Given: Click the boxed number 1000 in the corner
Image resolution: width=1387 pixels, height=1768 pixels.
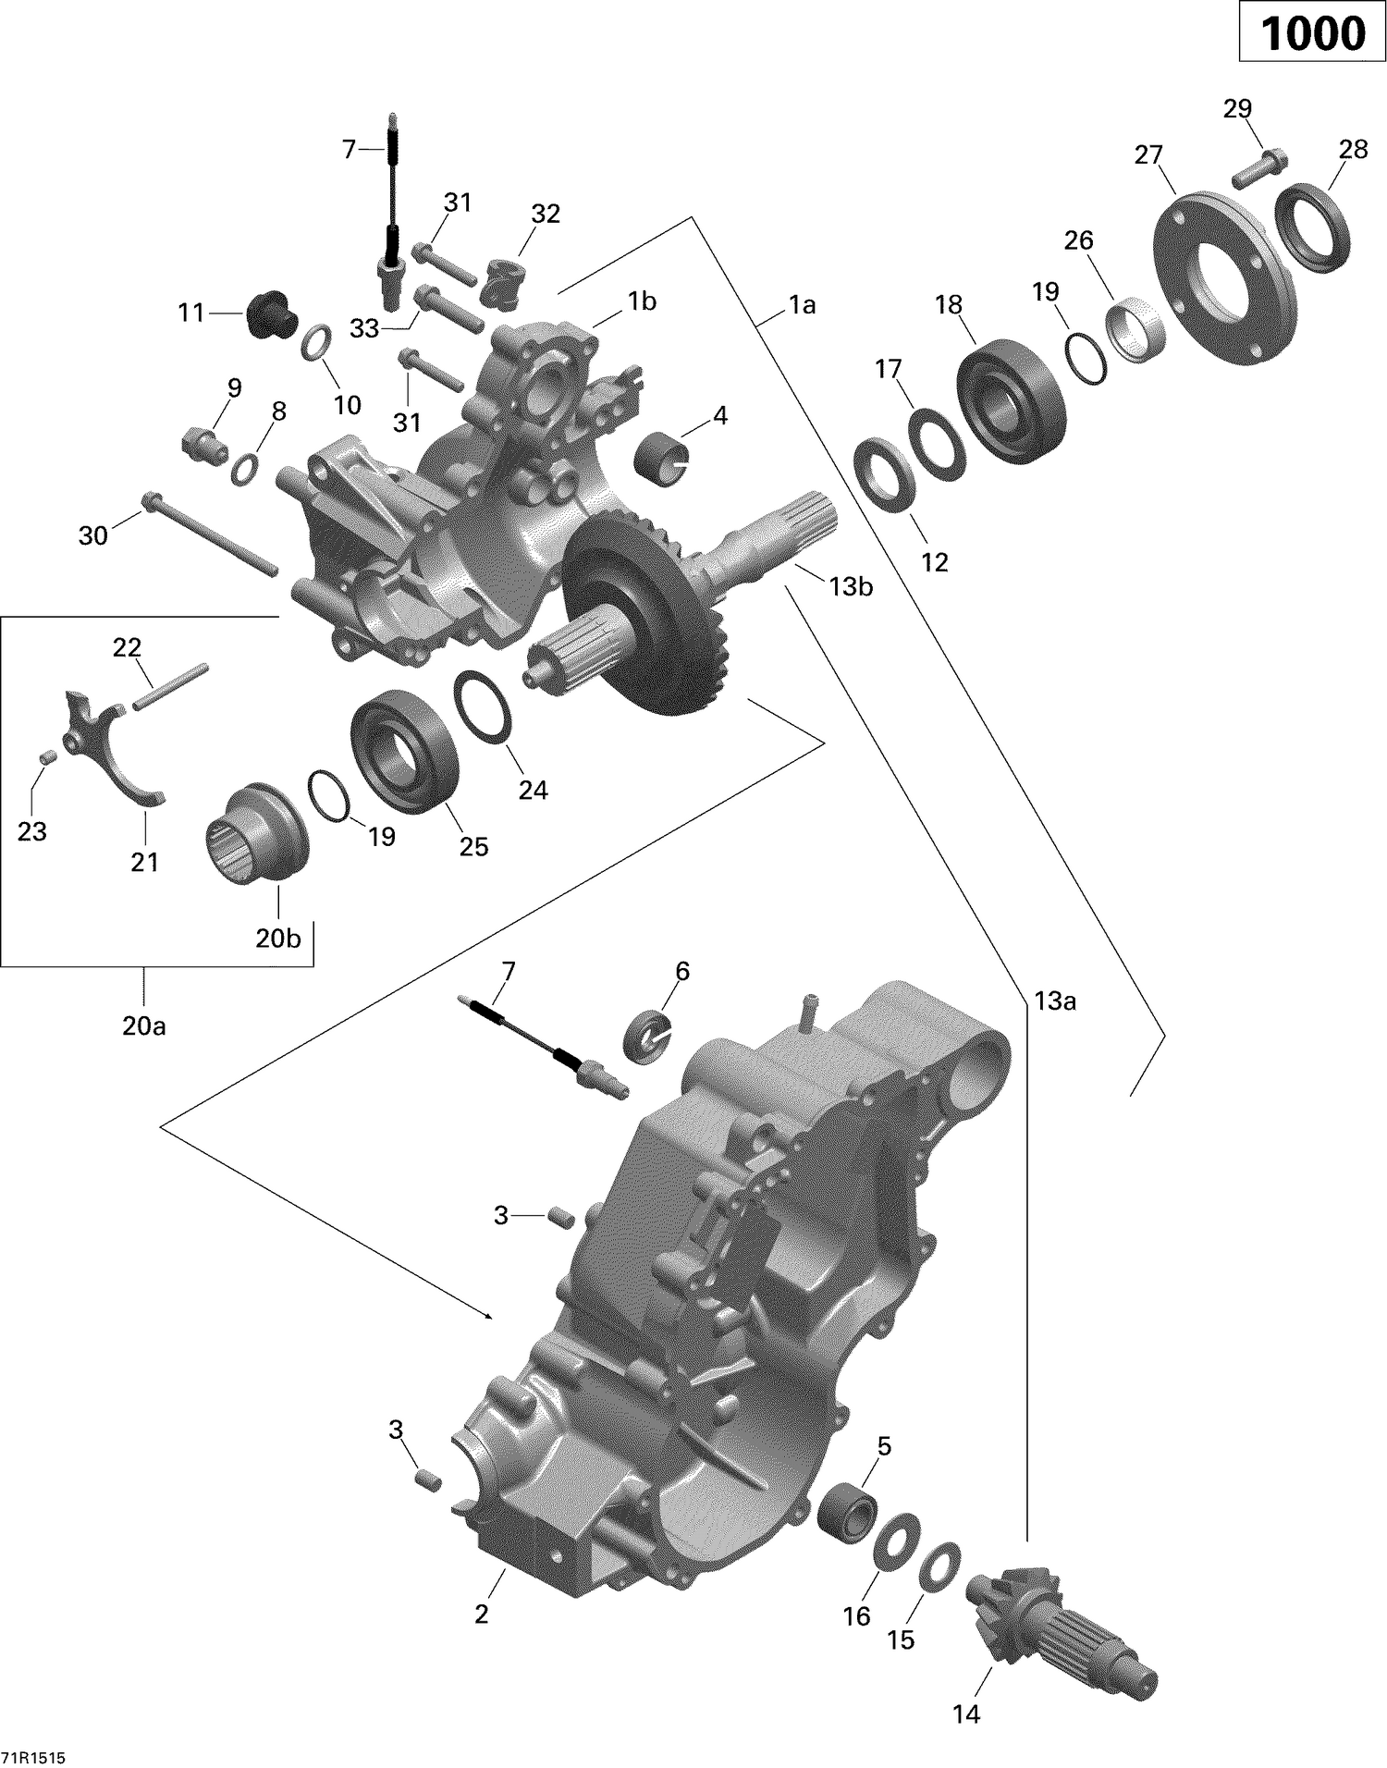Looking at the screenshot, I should pos(1312,34).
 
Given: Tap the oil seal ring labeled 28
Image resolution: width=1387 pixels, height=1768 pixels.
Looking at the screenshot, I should pos(1313,227).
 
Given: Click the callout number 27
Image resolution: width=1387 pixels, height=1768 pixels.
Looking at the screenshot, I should pos(1148,155).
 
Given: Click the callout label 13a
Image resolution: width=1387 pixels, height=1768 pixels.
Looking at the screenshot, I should pos(1055,1001).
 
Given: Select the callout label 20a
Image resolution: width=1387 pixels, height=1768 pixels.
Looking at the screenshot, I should pos(144,1025).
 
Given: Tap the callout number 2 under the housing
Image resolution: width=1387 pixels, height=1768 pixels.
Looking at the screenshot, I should pos(481,1614).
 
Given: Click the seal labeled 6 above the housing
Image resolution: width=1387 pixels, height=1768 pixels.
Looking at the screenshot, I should pos(651,1034).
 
